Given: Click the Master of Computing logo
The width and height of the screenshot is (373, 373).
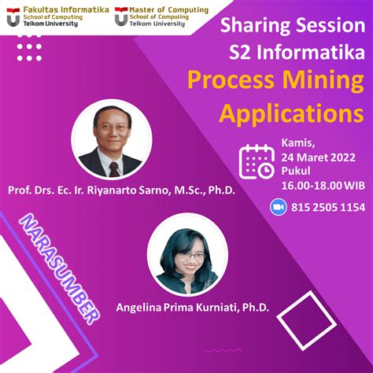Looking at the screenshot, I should tap(123, 17).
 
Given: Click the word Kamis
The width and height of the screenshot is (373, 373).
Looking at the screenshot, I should tap(297, 144).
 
